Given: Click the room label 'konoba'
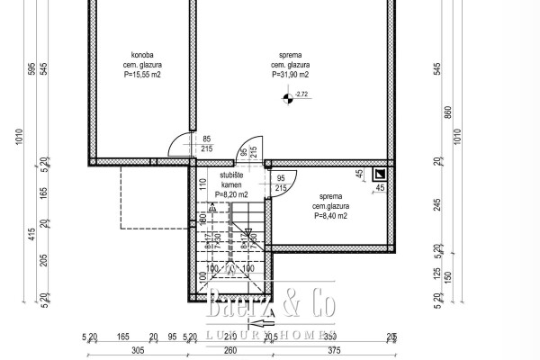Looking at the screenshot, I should (141, 55).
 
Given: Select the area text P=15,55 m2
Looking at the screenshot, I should (141, 75).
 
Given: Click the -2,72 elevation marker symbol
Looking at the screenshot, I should (288, 98).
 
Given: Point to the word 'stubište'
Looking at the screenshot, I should (232, 174).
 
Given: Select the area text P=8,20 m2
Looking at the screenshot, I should (232, 193).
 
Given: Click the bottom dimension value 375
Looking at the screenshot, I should (337, 352).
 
